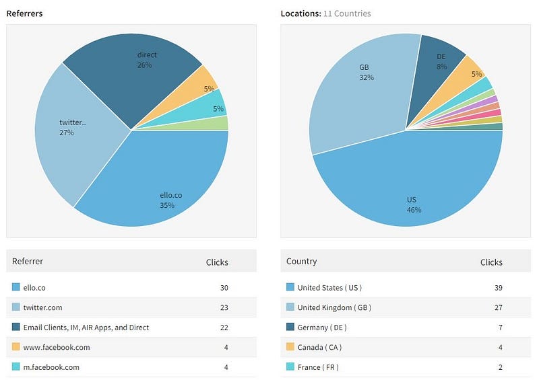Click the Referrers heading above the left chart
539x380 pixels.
pyautogui.click(x=24, y=13)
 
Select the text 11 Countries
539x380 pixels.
pyautogui.click(x=347, y=13)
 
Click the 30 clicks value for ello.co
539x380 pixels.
pyautogui.click(x=224, y=288)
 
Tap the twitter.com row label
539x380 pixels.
pyautogui.click(x=42, y=307)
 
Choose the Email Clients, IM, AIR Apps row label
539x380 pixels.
pyautogui.click(x=86, y=328)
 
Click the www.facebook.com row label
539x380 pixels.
pyautogui.click(x=56, y=347)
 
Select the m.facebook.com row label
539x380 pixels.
pyautogui.click(x=51, y=367)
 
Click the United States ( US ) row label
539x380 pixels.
pyautogui.click(x=329, y=288)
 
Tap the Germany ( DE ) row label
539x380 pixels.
pyautogui.click(x=322, y=328)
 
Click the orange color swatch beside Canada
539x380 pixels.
pyautogui.click(x=290, y=347)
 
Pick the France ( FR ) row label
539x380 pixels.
pyautogui.click(x=318, y=367)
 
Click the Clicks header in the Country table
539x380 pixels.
pyautogui.click(x=491, y=262)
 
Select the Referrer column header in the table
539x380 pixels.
pyautogui.click(x=28, y=261)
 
